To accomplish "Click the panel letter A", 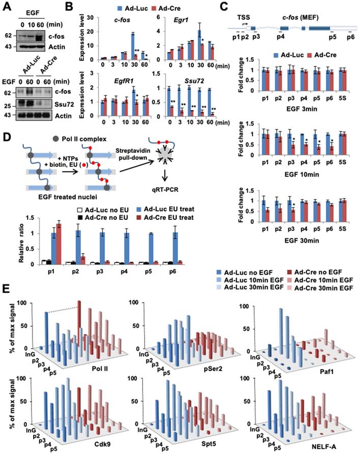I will (7, 6).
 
